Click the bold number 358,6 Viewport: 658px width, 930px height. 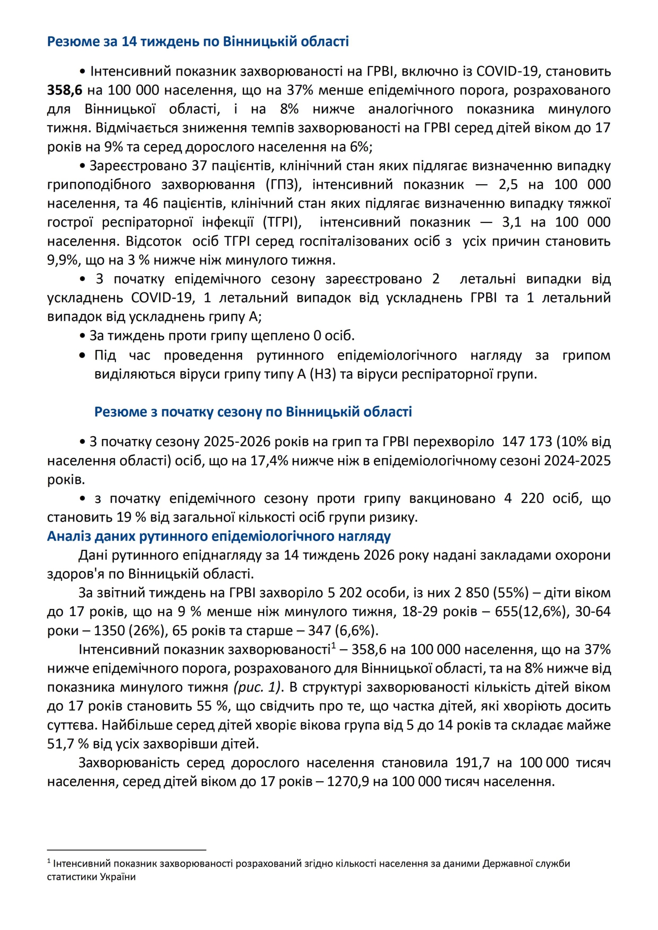65,90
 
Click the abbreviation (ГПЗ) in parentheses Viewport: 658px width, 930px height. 284,184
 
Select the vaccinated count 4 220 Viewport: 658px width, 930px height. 524,498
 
